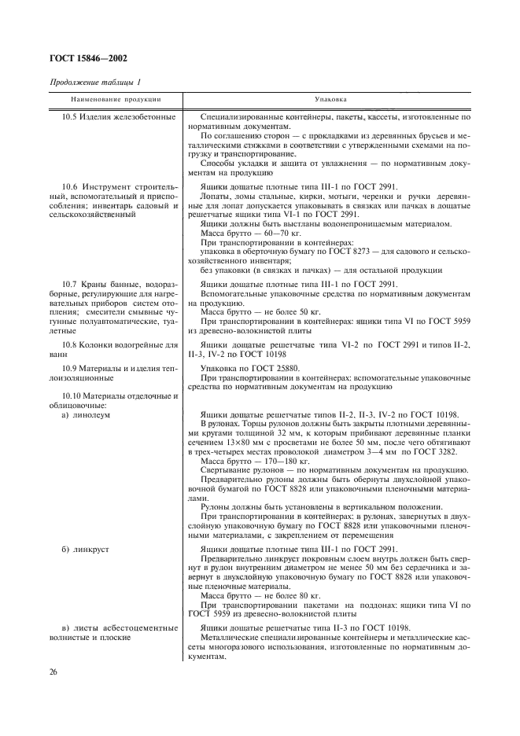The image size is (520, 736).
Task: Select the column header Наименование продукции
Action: [116, 100]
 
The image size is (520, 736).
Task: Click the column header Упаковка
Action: [326, 100]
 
